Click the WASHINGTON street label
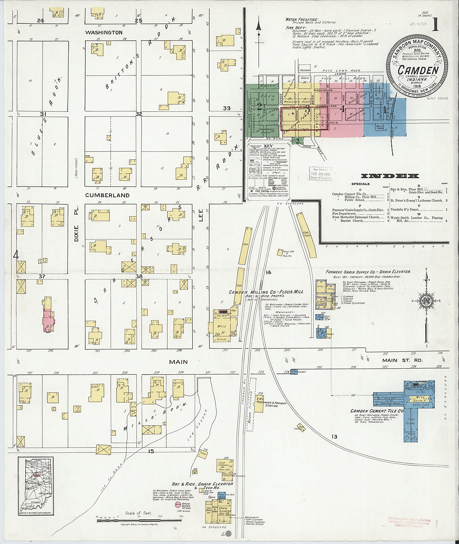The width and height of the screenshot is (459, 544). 104,33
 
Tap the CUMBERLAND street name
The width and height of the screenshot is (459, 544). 107,195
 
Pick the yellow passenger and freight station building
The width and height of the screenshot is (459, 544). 258,405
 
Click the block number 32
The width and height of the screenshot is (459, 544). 139,114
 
